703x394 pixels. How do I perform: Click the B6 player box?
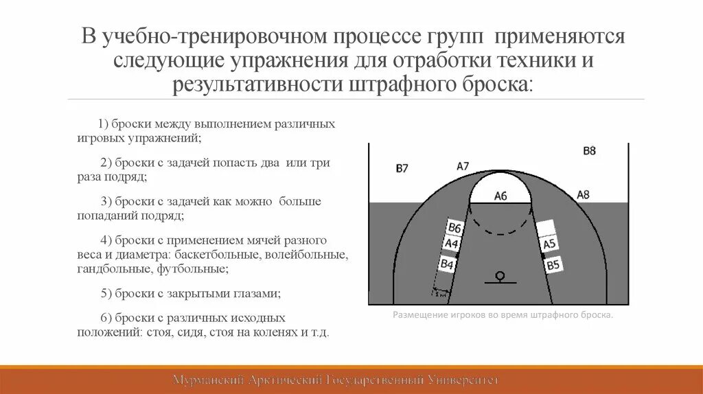click(x=454, y=228)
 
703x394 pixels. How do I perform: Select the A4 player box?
click(x=451, y=244)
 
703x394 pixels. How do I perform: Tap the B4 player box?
click(x=448, y=263)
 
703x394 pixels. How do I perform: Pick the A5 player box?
click(x=549, y=244)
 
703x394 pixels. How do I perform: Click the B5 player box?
click(x=553, y=264)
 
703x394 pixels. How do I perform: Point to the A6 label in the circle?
click(x=500, y=196)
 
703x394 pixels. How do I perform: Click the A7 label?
click(x=463, y=165)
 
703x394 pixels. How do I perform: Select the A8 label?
click(x=583, y=194)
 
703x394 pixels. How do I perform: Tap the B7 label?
click(x=402, y=168)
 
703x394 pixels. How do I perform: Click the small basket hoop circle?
click(x=500, y=275)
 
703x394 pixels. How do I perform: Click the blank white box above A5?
click(x=546, y=227)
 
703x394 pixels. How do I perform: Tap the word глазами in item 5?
click(x=256, y=293)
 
